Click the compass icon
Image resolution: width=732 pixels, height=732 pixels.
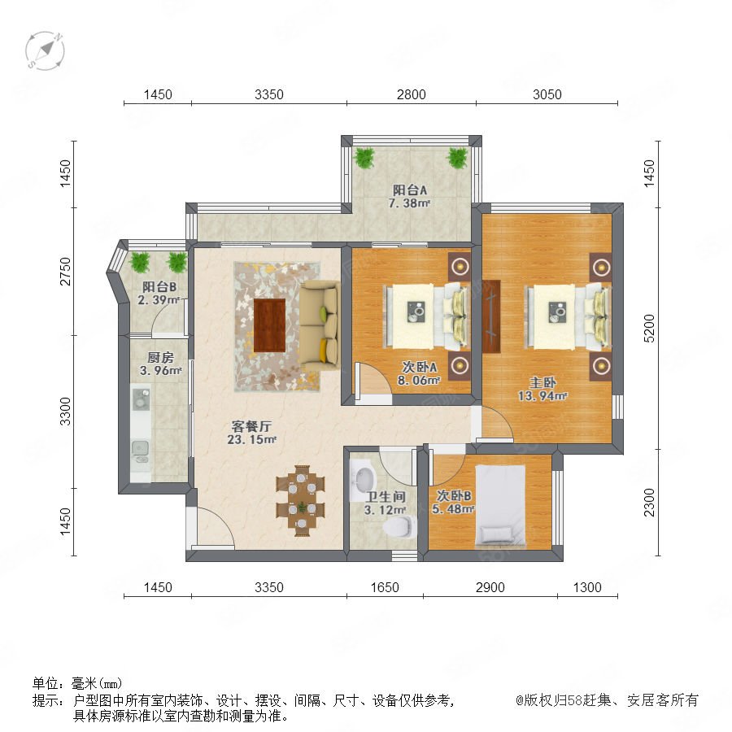[45, 50]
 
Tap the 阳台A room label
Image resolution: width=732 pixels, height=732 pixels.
[410, 190]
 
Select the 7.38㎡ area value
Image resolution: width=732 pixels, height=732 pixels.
[409, 203]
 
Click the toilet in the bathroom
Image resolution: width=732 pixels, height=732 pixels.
[399, 526]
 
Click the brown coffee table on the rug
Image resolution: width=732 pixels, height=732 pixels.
[270, 325]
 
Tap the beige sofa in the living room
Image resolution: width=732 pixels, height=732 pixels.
[319, 325]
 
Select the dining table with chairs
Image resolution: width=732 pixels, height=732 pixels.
[301, 500]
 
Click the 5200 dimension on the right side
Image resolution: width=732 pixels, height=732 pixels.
[649, 329]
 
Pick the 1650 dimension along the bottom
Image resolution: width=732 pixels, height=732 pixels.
[385, 587]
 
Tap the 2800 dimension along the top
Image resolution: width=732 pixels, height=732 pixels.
[412, 94]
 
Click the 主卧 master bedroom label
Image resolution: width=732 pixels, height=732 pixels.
[542, 382]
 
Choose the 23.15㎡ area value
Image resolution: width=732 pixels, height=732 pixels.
[252, 439]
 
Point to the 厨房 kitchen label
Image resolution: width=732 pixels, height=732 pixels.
[160, 358]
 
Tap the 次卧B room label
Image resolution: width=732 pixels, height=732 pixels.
[454, 495]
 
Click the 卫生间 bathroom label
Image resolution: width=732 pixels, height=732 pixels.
[386, 497]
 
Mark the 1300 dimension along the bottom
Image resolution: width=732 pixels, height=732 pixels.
[587, 587]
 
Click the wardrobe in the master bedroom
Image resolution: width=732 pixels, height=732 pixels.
[491, 316]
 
